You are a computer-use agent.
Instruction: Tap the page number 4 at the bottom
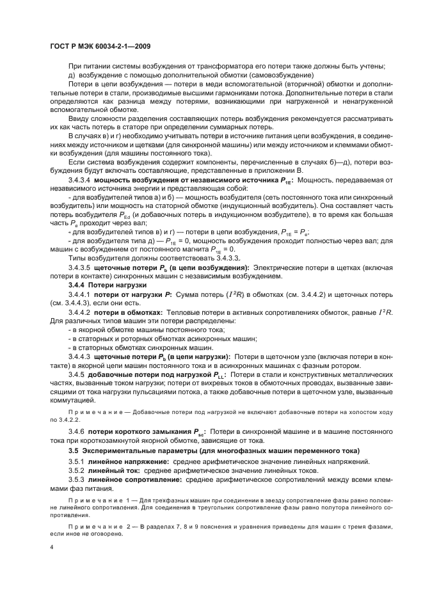(x=51, y=548)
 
